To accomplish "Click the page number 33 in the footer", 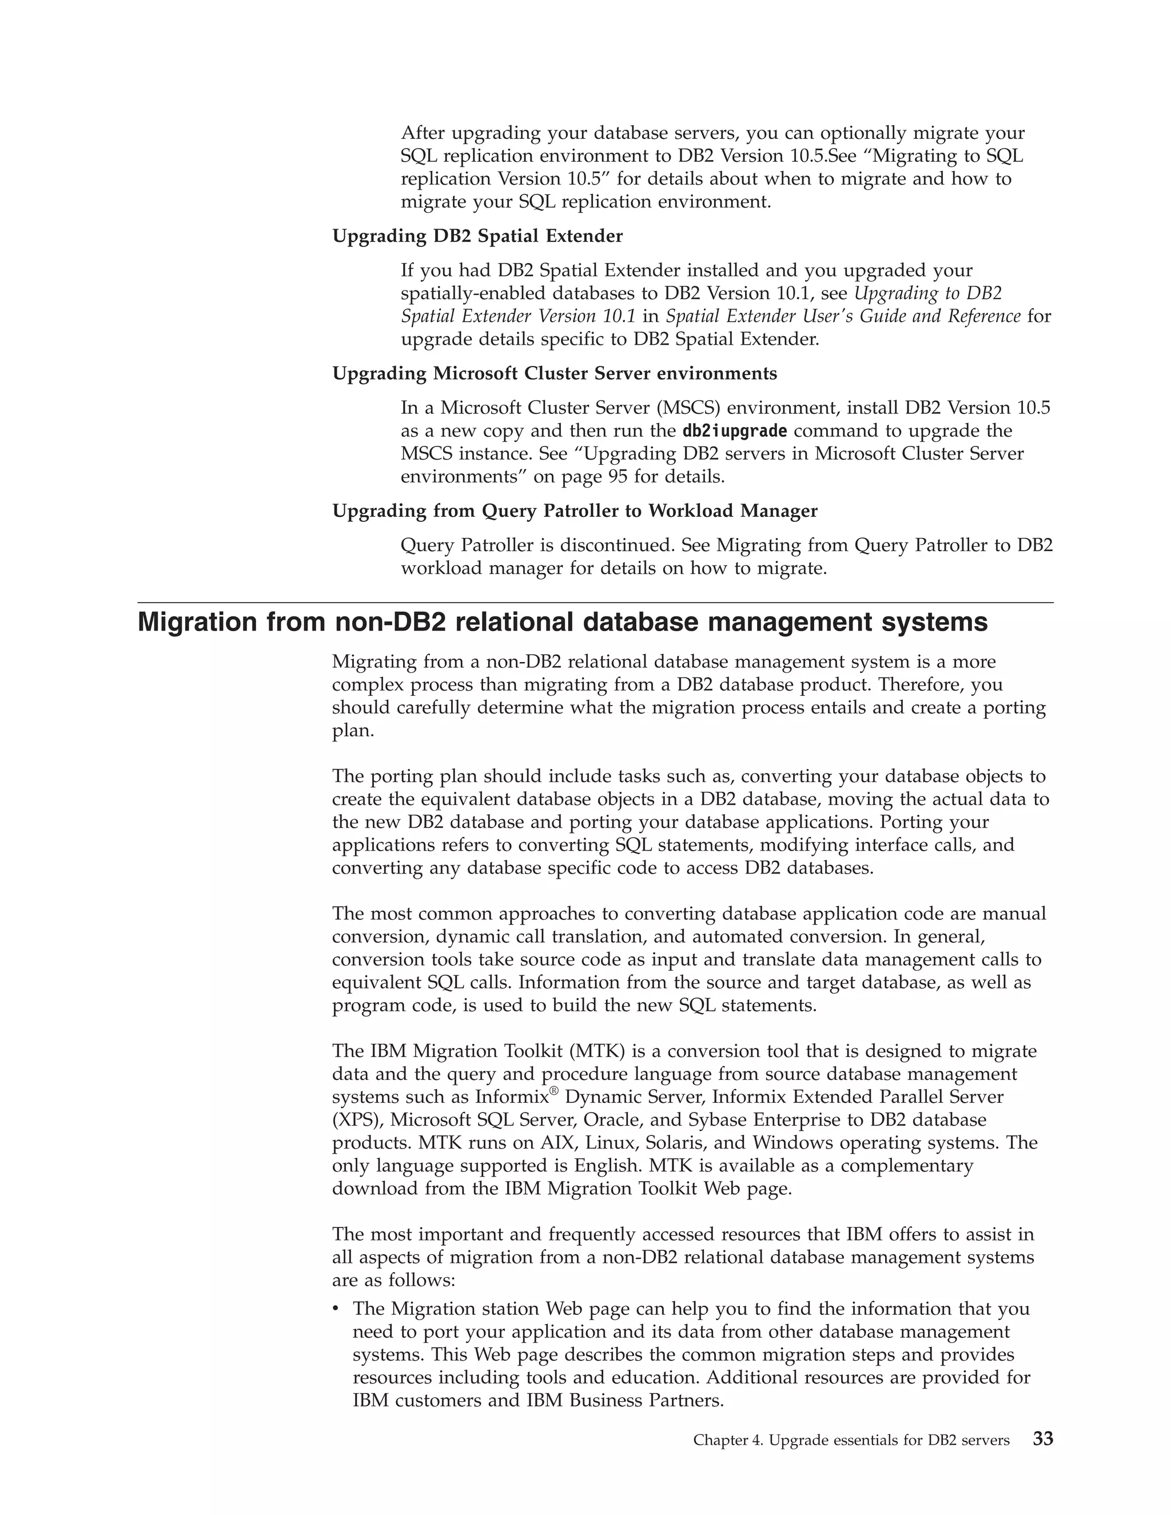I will tap(1043, 1439).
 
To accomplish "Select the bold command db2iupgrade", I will tap(735, 431).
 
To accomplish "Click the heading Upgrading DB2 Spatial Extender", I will tap(477, 237).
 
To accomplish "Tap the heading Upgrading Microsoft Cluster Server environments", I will tap(554, 374).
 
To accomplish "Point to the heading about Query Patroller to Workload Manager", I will tap(575, 511).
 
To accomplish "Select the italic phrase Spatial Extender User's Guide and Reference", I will tap(843, 316).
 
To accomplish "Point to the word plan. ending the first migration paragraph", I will tap(352, 731).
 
